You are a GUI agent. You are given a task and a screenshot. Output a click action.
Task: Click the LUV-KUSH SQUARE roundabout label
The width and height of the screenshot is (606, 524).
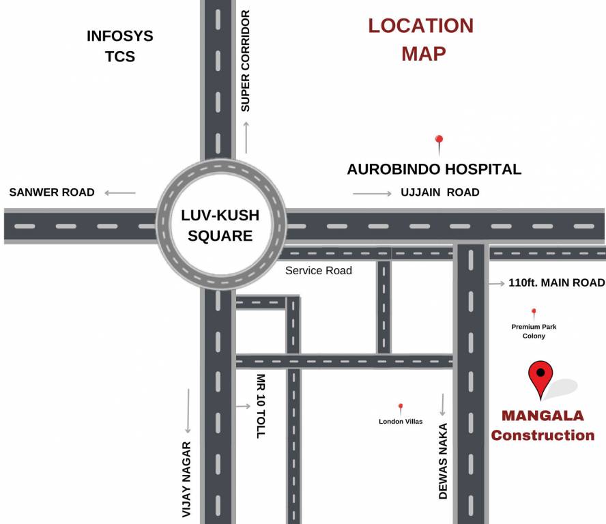220,226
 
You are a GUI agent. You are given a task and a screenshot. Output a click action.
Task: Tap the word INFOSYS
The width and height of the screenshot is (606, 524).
120,36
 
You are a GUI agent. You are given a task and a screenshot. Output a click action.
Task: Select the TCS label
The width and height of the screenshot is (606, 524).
120,57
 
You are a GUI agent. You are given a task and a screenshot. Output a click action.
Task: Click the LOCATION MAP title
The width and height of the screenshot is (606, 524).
421,39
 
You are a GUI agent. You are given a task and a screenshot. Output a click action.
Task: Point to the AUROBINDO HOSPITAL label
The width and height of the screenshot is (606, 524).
434,169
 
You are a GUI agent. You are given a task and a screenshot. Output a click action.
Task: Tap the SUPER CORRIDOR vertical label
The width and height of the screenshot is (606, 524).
246,61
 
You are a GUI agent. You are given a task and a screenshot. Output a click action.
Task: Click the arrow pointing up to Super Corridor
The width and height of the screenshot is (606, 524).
246,136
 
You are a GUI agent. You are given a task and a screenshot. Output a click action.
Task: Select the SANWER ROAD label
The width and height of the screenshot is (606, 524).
52,192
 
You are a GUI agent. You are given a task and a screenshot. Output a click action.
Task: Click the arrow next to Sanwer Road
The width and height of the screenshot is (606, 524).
120,193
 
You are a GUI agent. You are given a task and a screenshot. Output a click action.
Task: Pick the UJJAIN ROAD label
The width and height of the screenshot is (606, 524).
439,192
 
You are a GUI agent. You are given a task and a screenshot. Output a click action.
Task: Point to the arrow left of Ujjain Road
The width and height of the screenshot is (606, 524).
372,194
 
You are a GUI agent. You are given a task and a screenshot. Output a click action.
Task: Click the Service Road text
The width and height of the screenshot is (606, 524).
319,271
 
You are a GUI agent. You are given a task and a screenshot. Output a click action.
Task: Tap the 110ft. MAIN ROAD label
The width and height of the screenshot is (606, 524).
556,282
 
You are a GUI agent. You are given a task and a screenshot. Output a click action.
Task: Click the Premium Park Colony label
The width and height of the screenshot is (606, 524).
534,331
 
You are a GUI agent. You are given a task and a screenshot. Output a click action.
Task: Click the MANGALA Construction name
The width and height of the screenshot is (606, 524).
543,425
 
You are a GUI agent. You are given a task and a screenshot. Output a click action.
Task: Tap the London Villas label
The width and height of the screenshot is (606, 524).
401,421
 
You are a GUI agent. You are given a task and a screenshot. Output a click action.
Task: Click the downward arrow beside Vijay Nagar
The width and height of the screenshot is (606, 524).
188,411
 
